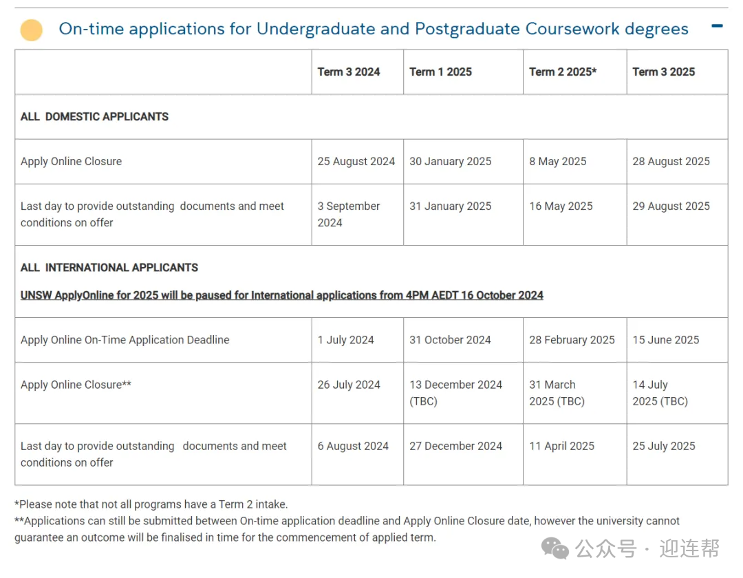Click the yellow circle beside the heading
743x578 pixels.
point(32,30)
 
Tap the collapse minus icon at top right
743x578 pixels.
point(717,26)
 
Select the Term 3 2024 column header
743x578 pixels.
point(349,72)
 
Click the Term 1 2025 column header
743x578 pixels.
point(440,72)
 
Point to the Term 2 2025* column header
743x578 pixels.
point(563,72)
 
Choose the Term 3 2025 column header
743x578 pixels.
point(664,72)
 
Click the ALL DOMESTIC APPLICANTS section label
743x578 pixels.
point(94,116)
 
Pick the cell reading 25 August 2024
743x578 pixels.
point(356,161)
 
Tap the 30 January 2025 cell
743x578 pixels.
point(451,161)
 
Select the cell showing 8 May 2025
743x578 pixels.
point(558,161)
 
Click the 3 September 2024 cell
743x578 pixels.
point(349,214)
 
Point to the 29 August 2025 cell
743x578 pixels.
point(671,206)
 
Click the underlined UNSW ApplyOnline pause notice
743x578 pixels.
point(282,295)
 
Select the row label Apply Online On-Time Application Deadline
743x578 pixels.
point(125,340)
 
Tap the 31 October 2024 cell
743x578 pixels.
point(451,340)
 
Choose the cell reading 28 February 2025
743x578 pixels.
point(572,340)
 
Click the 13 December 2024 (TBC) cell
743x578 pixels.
point(456,393)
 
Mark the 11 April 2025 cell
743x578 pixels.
point(562,446)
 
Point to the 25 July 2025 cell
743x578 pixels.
point(664,446)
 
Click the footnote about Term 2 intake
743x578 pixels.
point(151,504)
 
